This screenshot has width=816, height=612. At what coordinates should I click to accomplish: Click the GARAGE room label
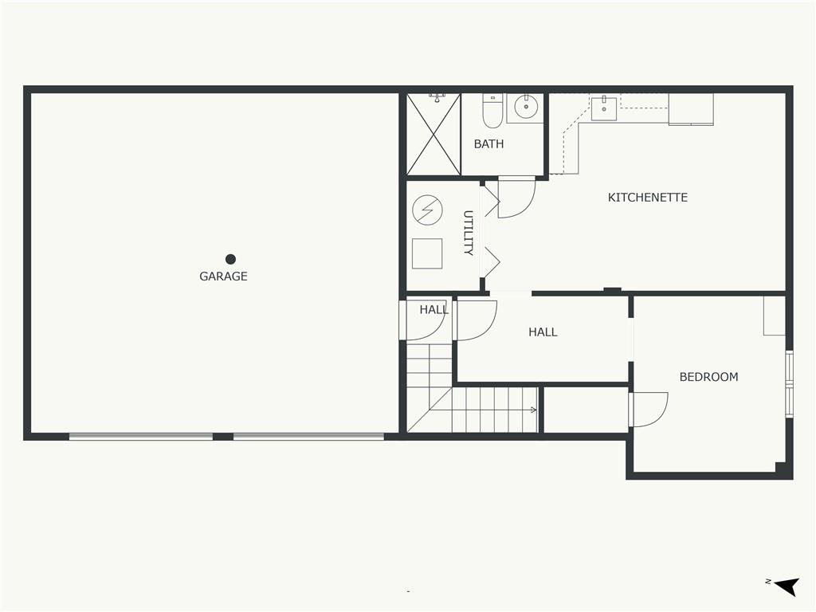pos(223,277)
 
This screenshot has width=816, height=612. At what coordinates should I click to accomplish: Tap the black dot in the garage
pos(230,259)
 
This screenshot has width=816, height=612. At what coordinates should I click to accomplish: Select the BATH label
pos(488,144)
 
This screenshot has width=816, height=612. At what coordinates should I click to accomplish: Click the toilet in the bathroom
pos(492,111)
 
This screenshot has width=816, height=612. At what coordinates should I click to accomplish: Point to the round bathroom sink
pos(526,108)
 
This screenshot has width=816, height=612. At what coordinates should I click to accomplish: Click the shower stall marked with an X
pos(433,134)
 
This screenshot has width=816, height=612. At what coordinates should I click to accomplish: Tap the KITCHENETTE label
pos(648,198)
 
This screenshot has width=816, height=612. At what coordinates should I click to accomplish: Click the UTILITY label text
pos(468,233)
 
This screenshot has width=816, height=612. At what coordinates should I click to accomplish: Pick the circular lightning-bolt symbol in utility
pos(427,210)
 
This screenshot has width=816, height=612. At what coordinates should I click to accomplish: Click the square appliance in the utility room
pos(427,253)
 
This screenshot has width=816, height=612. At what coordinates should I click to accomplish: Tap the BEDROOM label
pos(708,377)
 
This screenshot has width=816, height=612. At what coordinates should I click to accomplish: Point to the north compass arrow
pos(787,586)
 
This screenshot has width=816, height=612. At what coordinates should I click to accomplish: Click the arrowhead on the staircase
pos(533,410)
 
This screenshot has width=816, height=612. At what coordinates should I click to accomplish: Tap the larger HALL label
pos(543,332)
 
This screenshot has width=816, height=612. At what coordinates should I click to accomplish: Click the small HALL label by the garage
pos(434,310)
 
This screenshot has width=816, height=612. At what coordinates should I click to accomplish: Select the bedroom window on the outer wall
pos(790,384)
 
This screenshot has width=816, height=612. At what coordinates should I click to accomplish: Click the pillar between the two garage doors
pos(223,437)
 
